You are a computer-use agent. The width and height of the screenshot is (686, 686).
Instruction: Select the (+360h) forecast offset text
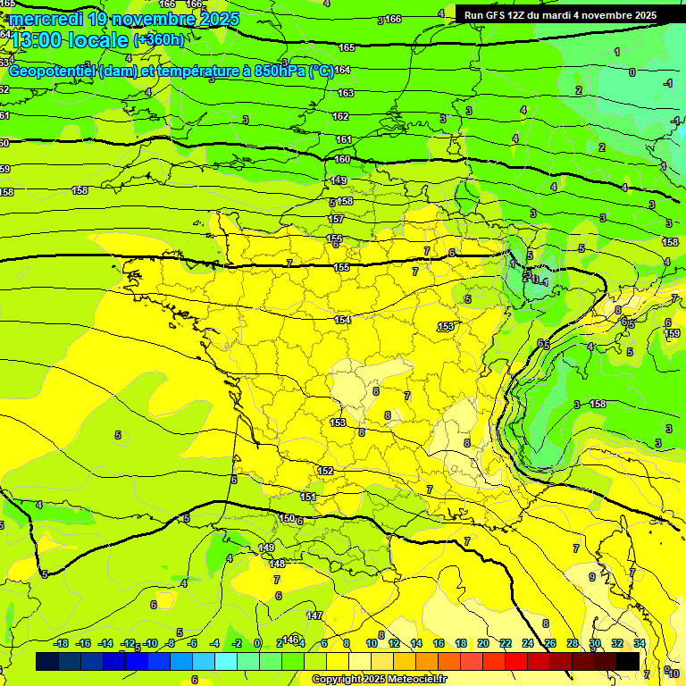pyautogui.click(x=159, y=40)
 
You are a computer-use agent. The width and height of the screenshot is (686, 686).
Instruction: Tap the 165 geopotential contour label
pyautogui.click(x=347, y=47)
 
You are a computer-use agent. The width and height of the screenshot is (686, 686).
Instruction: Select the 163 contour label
pyautogui.click(x=345, y=93)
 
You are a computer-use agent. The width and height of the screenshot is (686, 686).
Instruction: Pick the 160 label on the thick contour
pyautogui.click(x=342, y=159)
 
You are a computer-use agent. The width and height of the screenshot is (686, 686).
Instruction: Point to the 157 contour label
pyautogui.click(x=336, y=219)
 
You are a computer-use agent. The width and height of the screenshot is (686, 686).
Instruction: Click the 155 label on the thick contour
pyautogui.click(x=341, y=267)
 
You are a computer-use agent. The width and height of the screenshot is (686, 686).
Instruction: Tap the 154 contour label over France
pyautogui.click(x=342, y=320)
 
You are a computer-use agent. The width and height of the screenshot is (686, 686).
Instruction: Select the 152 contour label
pyautogui.click(x=325, y=471)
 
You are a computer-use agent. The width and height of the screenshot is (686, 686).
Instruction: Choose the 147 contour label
pyautogui.click(x=314, y=615)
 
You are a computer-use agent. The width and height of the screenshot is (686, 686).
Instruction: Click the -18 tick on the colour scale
pyautogui.click(x=61, y=643)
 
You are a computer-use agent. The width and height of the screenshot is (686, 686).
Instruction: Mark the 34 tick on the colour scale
pyautogui.click(x=640, y=643)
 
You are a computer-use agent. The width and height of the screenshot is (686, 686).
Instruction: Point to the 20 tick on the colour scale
pyautogui.click(x=483, y=643)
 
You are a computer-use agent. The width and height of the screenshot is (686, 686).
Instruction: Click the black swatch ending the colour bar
pyautogui.click(x=628, y=661)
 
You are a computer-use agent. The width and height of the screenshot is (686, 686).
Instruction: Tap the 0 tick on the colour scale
pyautogui.click(x=257, y=643)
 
